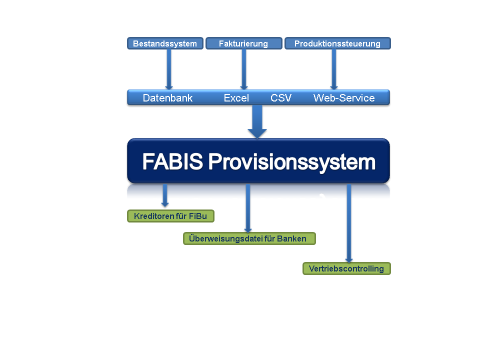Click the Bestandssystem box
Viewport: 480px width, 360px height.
165,43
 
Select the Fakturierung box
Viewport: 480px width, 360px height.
244,43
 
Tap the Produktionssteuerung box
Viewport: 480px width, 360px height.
337,43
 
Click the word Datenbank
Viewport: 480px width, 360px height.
168,98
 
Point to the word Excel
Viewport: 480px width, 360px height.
236,98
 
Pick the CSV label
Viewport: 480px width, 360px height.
281,98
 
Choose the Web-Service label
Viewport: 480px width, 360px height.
344,98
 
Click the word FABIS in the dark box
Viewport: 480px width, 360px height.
172,161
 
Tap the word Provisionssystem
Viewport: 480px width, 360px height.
292,162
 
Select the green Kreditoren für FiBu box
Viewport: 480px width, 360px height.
170,216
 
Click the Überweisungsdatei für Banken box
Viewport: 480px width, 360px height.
249,238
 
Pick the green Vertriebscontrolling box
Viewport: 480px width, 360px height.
346,268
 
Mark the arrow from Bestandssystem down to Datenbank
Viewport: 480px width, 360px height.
169,69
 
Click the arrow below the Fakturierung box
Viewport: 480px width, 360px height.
244,69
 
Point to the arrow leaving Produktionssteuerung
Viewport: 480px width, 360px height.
334,69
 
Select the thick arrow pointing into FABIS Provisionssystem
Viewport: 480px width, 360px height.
257,121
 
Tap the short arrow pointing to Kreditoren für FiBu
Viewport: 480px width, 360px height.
165,195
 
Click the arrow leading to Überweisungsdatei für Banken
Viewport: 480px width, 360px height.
248,208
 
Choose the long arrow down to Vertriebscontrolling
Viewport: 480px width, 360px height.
349,223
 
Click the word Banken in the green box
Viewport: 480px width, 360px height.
291,238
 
